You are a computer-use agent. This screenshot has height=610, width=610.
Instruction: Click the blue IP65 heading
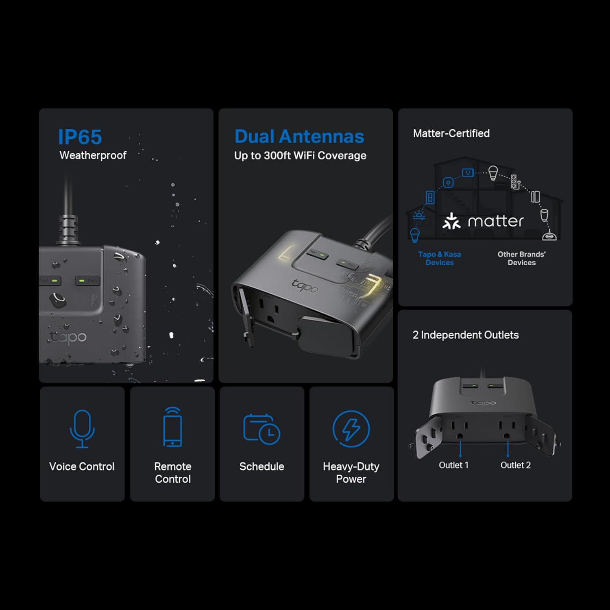[80, 137]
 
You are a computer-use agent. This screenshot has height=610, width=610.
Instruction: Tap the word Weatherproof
[93, 155]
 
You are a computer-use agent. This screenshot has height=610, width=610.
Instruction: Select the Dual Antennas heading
[299, 137]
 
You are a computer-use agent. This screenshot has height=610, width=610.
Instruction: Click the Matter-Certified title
[451, 133]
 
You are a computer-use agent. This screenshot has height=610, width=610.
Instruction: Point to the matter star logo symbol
[452, 221]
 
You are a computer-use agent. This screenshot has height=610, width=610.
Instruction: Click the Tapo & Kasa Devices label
[440, 258]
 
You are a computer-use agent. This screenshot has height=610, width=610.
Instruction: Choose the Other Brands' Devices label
[522, 258]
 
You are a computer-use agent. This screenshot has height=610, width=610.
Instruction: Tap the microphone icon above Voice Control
[82, 429]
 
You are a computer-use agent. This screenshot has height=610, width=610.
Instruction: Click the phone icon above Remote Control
[172, 427]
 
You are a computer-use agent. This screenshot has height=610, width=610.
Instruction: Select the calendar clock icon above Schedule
[261, 428]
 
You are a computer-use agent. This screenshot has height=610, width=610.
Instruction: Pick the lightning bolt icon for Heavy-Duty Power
[351, 429]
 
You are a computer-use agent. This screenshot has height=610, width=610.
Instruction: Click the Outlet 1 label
[453, 465]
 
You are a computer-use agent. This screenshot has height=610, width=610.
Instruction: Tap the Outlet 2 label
[516, 465]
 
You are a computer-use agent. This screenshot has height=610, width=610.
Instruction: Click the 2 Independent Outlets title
[466, 335]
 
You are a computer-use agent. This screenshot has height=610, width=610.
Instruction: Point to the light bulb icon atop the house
[493, 173]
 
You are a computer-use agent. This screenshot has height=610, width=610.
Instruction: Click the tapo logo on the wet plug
[68, 337]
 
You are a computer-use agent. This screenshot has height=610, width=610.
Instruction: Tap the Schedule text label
[261, 466]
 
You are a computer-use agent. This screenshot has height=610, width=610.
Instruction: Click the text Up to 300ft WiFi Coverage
[300, 156]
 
